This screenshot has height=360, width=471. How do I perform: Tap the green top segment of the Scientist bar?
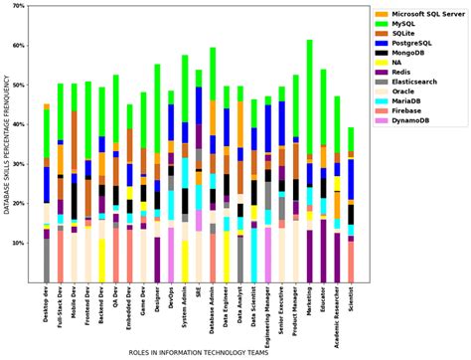point(351,138)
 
